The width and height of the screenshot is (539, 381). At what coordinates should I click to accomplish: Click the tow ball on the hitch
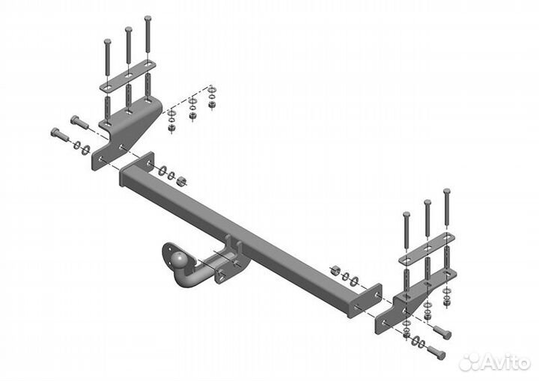pyautogui.click(x=180, y=259)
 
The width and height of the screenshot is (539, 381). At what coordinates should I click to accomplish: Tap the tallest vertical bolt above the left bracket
pyautogui.click(x=147, y=34)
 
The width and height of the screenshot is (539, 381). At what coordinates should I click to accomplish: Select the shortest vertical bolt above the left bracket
pyautogui.click(x=108, y=56)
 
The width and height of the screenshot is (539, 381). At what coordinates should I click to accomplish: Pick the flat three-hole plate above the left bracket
pyautogui.click(x=128, y=76)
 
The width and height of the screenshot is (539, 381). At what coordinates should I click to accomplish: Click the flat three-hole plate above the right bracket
pyautogui.click(x=427, y=249)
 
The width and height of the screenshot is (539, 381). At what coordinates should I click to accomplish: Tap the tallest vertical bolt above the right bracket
pyautogui.click(x=446, y=207)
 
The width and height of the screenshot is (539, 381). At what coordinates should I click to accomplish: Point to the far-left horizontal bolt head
pyautogui.click(x=55, y=132)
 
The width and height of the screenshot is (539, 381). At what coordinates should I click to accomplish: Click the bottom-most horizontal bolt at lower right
pyautogui.click(x=436, y=352)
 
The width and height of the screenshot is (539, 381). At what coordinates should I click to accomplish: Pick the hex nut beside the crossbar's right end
pyautogui.click(x=335, y=270)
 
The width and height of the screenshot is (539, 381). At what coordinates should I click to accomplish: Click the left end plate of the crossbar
pyautogui.click(x=137, y=168)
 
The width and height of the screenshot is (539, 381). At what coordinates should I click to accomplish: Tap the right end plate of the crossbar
pyautogui.click(x=365, y=300)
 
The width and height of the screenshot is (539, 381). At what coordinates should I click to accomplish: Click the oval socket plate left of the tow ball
pyautogui.click(x=168, y=258)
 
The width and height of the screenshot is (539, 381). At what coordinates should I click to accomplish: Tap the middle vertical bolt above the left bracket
pyautogui.click(x=129, y=45)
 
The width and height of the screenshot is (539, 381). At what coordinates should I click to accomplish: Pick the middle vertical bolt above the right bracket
pyautogui.click(x=427, y=218)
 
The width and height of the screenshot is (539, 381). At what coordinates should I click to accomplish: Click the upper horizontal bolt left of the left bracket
pyautogui.click(x=79, y=123)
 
